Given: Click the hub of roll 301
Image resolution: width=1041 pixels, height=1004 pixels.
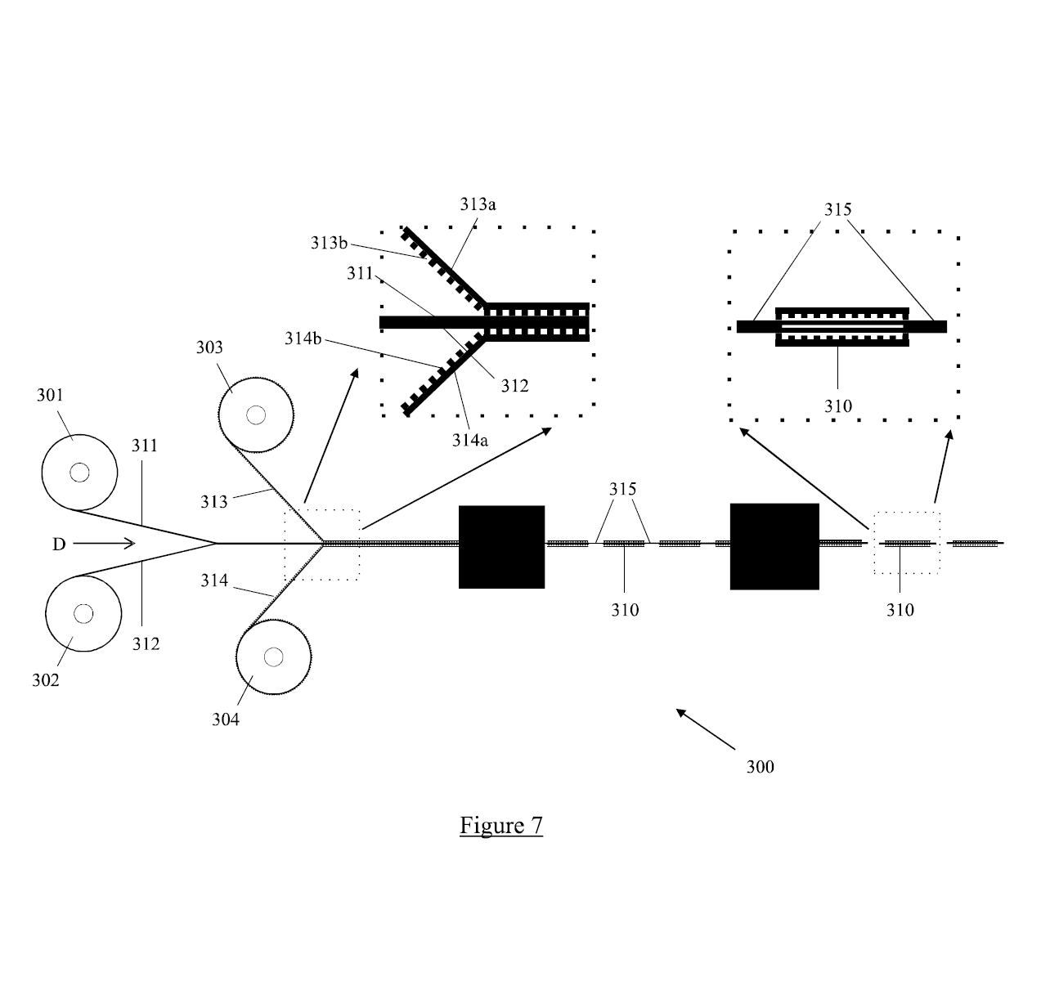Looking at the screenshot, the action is (x=79, y=473).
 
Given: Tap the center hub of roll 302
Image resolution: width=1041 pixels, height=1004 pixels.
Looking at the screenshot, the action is (x=83, y=613).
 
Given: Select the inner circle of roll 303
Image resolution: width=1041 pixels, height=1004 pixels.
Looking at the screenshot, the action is (x=256, y=415).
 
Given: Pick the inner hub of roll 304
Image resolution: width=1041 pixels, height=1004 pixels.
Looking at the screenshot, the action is (x=273, y=657).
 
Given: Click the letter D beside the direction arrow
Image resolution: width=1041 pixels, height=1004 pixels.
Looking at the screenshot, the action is (x=59, y=545).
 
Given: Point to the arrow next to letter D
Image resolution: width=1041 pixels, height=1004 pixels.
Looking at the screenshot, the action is (x=104, y=544).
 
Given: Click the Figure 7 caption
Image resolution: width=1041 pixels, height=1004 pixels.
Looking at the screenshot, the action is (x=501, y=825).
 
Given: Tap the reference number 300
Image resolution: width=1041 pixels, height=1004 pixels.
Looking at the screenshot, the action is (x=761, y=767).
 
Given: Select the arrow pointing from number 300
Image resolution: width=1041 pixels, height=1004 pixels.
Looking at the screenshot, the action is (x=706, y=729).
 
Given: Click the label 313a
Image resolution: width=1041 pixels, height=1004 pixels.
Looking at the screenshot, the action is (x=478, y=204).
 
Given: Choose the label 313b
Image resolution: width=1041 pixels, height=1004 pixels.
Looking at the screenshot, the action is (x=329, y=243).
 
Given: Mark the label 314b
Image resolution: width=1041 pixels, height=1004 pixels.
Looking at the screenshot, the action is (x=303, y=338).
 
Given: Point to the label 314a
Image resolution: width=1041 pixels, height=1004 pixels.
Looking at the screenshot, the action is (x=469, y=440).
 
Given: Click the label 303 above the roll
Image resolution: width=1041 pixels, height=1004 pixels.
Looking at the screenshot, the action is (x=209, y=347).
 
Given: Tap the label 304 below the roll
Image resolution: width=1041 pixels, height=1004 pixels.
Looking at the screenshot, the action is (x=225, y=719).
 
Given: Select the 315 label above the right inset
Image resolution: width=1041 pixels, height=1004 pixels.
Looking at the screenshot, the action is (x=837, y=209).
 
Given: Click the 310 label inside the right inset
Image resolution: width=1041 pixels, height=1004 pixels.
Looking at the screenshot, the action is (x=837, y=406).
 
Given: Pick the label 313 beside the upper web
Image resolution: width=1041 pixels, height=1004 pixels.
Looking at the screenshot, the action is (x=214, y=502).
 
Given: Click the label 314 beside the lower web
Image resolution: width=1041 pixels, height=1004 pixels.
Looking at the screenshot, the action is (x=214, y=580).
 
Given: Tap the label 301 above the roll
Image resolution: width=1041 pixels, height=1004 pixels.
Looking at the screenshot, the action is (x=50, y=395).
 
